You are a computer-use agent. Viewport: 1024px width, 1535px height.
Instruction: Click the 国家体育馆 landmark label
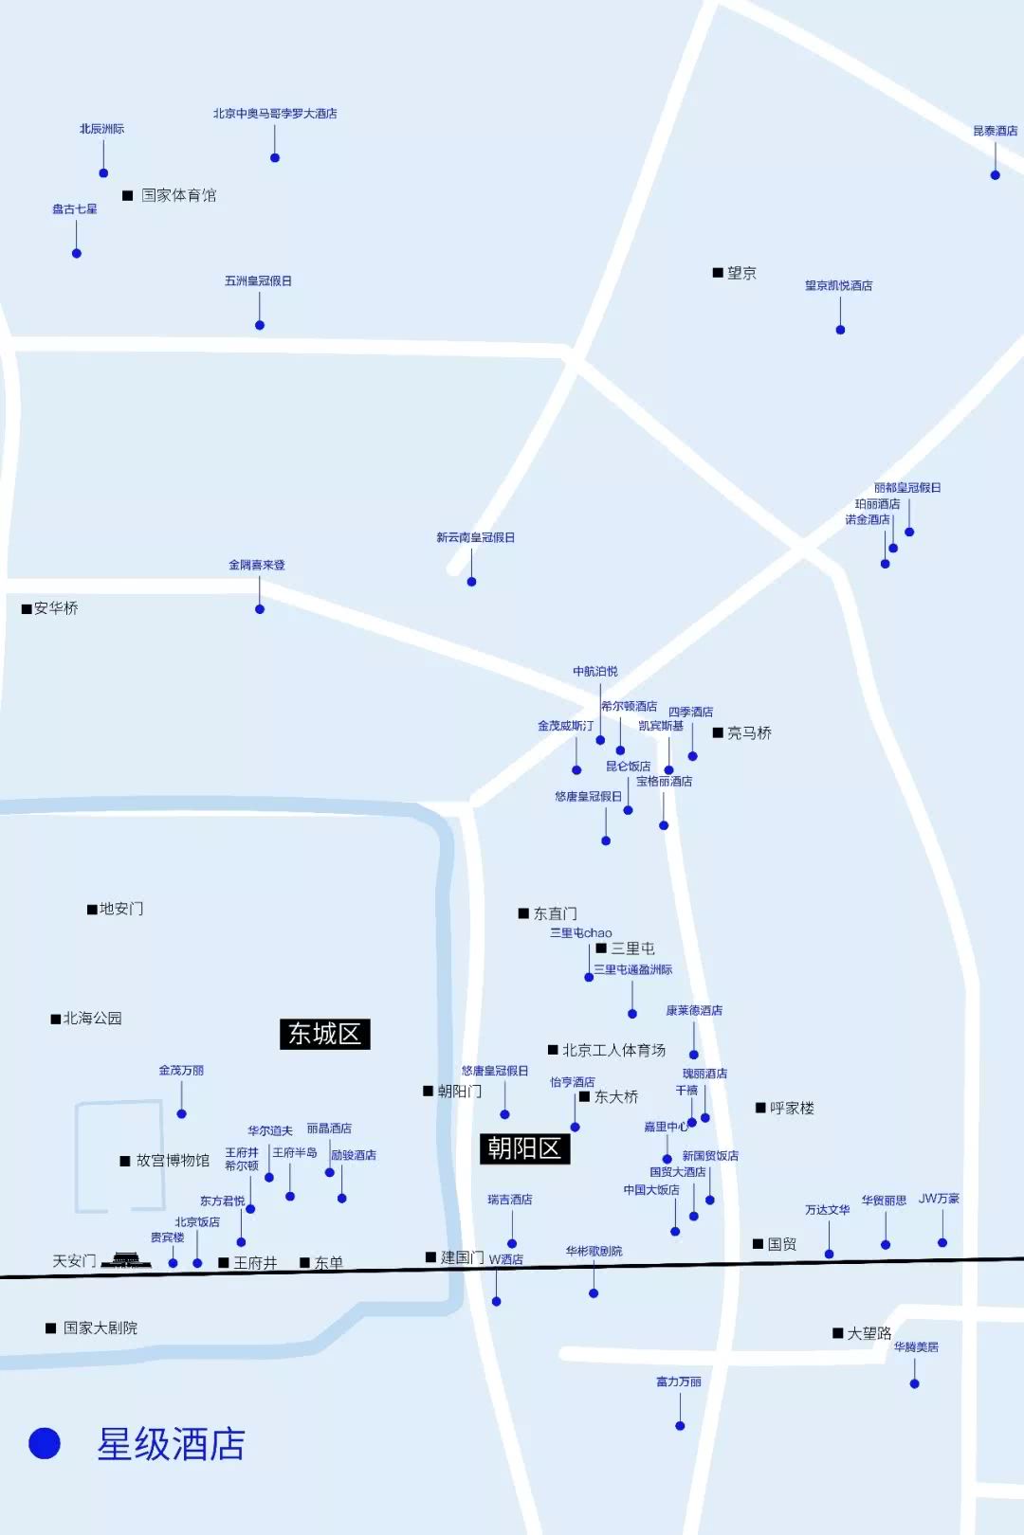coord(178,195)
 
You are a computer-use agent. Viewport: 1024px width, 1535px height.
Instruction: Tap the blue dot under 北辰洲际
coord(103,172)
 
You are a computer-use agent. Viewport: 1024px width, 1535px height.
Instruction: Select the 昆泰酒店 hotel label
coord(995,131)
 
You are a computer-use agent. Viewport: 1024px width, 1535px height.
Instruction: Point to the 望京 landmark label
coord(741,273)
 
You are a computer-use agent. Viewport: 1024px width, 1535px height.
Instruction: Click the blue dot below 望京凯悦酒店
coord(840,330)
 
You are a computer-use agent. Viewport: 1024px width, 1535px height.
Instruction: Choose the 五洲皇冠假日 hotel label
coord(258,280)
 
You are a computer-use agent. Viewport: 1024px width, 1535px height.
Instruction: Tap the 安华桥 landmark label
coord(56,608)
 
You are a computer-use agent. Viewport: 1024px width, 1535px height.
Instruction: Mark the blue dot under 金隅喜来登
coord(260,609)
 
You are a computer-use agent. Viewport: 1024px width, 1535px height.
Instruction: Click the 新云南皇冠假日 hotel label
coord(475,537)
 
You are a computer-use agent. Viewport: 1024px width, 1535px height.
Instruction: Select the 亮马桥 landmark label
coord(749,732)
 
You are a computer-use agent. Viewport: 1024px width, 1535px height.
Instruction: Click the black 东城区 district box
coord(324,1034)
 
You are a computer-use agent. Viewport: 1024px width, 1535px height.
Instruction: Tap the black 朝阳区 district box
coord(524,1148)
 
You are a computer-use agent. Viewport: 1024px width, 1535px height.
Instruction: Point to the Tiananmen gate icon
coord(126,1260)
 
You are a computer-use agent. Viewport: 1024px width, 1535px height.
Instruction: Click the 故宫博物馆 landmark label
coord(173,1161)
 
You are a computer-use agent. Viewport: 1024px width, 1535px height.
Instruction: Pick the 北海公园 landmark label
coord(92,1019)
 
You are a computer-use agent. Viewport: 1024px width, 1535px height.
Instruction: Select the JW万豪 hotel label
coord(939,1199)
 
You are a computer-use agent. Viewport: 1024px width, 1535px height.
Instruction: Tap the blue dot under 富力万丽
coord(680,1425)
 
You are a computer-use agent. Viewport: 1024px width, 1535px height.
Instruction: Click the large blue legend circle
coord(45,1443)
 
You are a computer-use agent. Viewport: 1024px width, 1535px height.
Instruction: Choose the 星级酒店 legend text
coord(171,1445)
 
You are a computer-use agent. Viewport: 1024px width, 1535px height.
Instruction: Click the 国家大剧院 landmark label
coord(100,1328)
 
